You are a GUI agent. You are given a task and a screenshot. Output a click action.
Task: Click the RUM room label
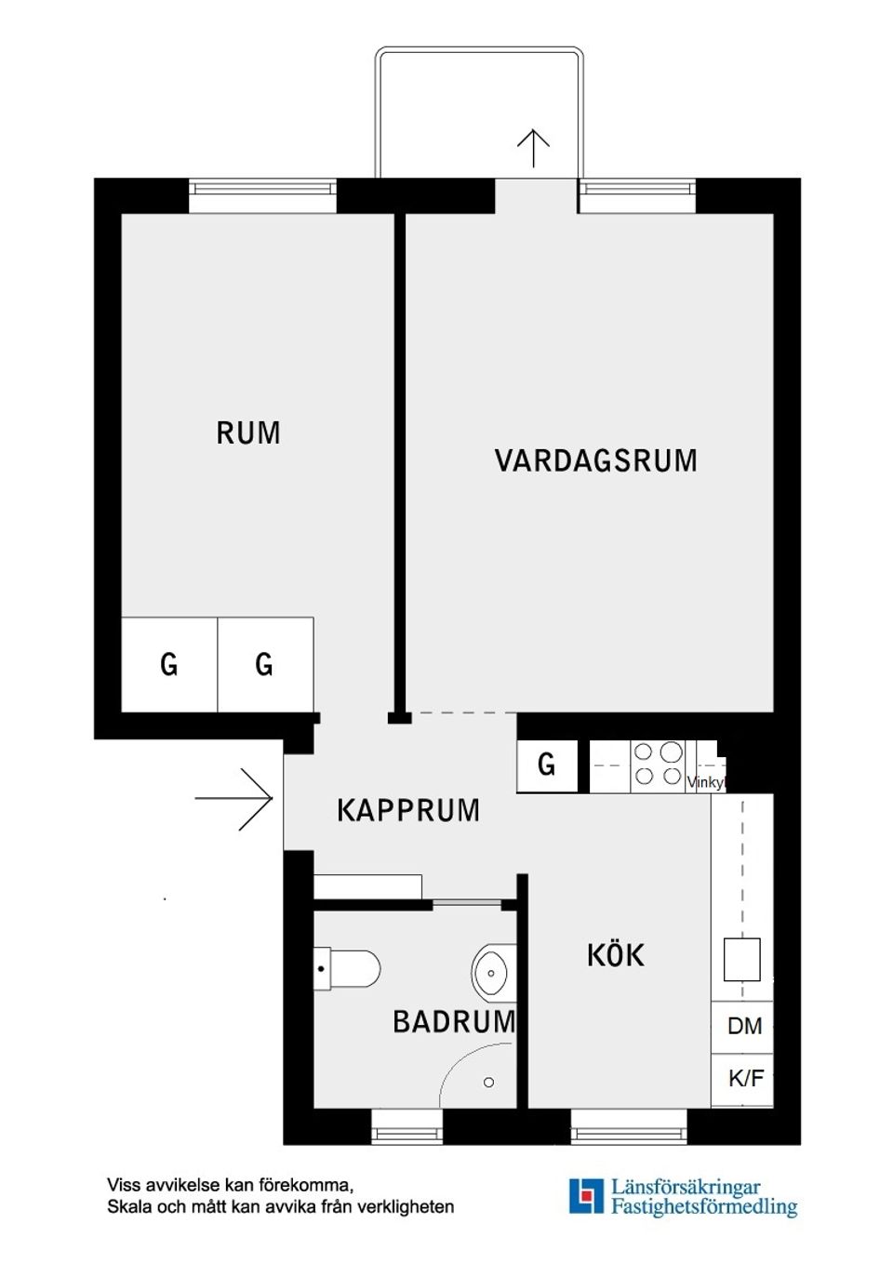(248, 433)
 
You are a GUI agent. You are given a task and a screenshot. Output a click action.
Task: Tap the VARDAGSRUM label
(595, 461)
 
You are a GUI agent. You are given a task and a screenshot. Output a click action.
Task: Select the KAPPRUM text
(408, 811)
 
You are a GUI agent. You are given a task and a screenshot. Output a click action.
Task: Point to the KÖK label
(615, 955)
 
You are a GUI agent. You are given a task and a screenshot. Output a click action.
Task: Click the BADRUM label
(454, 1022)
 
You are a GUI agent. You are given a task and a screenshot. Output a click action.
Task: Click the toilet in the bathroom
(348, 969)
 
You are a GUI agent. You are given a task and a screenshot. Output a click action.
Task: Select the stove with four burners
(658, 764)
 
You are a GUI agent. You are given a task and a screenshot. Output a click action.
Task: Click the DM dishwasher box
(743, 1027)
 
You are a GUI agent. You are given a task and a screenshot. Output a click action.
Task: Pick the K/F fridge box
(744, 1079)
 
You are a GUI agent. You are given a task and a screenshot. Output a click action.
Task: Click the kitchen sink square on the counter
(741, 960)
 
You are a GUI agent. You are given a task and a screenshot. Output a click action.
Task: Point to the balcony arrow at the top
(533, 147)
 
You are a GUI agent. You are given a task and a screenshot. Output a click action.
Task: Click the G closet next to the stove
(547, 765)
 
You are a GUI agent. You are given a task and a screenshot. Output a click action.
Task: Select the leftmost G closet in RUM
(169, 665)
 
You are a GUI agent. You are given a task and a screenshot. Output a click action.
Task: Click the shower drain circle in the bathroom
(488, 1083)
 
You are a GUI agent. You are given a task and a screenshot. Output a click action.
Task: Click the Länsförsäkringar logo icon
(586, 1196)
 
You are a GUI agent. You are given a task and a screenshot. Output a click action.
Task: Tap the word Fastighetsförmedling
(704, 1207)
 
